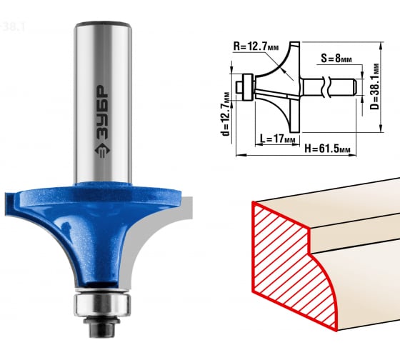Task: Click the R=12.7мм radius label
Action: pos(256,46)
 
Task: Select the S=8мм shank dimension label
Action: pos(336,59)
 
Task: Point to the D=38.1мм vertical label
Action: pos(374,86)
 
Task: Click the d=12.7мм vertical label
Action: pos(226,114)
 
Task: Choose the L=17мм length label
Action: pos(278,139)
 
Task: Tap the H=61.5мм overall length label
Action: pos(327,149)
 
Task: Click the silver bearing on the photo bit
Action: pos(102,304)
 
